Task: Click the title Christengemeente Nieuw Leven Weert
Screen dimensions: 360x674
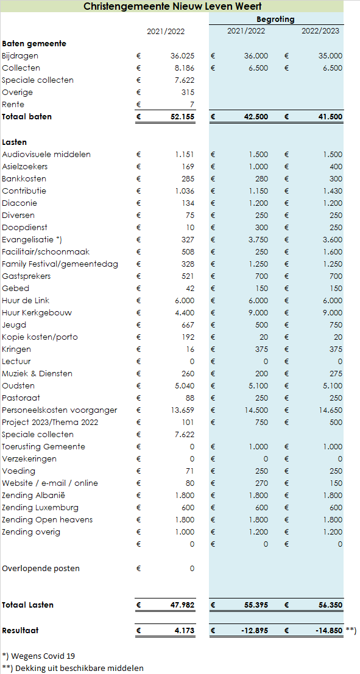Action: [172, 6]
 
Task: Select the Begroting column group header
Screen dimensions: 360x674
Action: [275, 19]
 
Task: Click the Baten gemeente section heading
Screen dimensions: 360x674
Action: [34, 43]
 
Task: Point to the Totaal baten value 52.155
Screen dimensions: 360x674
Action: [182, 116]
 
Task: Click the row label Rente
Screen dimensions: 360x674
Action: [13, 105]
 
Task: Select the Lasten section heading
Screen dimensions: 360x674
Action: [14, 142]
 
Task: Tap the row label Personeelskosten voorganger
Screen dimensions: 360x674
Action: [59, 410]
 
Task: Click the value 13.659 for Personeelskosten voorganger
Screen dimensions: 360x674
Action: [183, 410]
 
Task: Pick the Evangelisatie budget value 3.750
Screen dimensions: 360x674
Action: [258, 239]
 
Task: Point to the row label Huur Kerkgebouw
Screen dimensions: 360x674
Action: [37, 312]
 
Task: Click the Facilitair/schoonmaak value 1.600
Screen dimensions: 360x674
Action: [333, 252]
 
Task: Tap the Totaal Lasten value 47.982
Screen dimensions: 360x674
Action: [182, 605]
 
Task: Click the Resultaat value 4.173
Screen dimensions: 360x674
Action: [184, 631]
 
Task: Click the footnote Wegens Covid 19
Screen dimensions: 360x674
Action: [33, 656]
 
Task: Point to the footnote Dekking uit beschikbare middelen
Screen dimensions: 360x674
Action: [72, 668]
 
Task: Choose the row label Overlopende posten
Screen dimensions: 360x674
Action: [41, 568]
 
